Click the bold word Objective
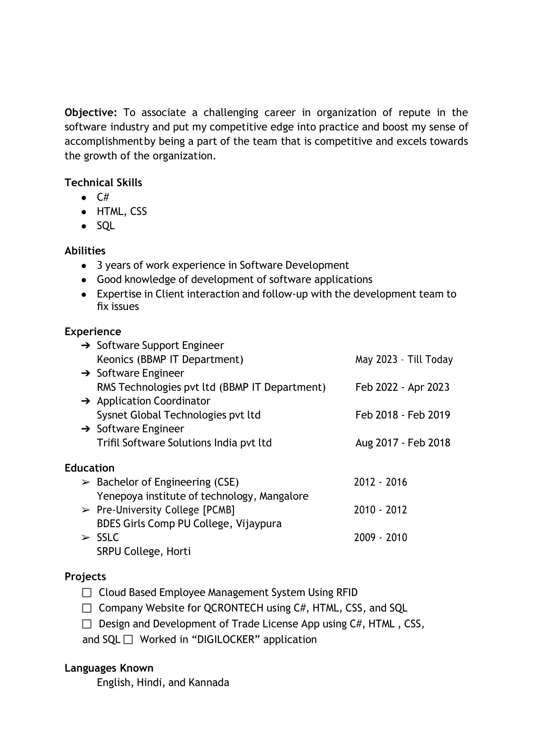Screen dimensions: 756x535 point(90,113)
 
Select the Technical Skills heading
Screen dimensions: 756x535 point(103,183)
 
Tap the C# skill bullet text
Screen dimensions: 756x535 point(103,197)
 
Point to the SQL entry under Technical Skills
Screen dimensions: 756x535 point(106,226)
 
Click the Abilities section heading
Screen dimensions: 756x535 point(85,251)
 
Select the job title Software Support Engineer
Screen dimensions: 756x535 point(160,346)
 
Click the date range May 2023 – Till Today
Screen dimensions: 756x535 point(404,359)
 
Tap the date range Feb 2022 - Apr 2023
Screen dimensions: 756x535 point(402,387)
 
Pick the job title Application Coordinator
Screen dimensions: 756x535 point(153,401)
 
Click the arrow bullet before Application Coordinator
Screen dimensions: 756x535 point(86,401)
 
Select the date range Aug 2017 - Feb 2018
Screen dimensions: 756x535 point(403,442)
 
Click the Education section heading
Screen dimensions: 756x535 point(89,468)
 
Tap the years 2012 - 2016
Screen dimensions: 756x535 point(381,482)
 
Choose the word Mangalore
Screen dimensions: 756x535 point(284,496)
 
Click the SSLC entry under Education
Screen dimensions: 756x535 point(108,538)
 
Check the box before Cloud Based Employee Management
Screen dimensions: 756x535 point(87,592)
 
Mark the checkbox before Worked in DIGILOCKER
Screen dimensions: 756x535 point(128,640)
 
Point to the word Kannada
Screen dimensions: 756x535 point(208,682)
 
